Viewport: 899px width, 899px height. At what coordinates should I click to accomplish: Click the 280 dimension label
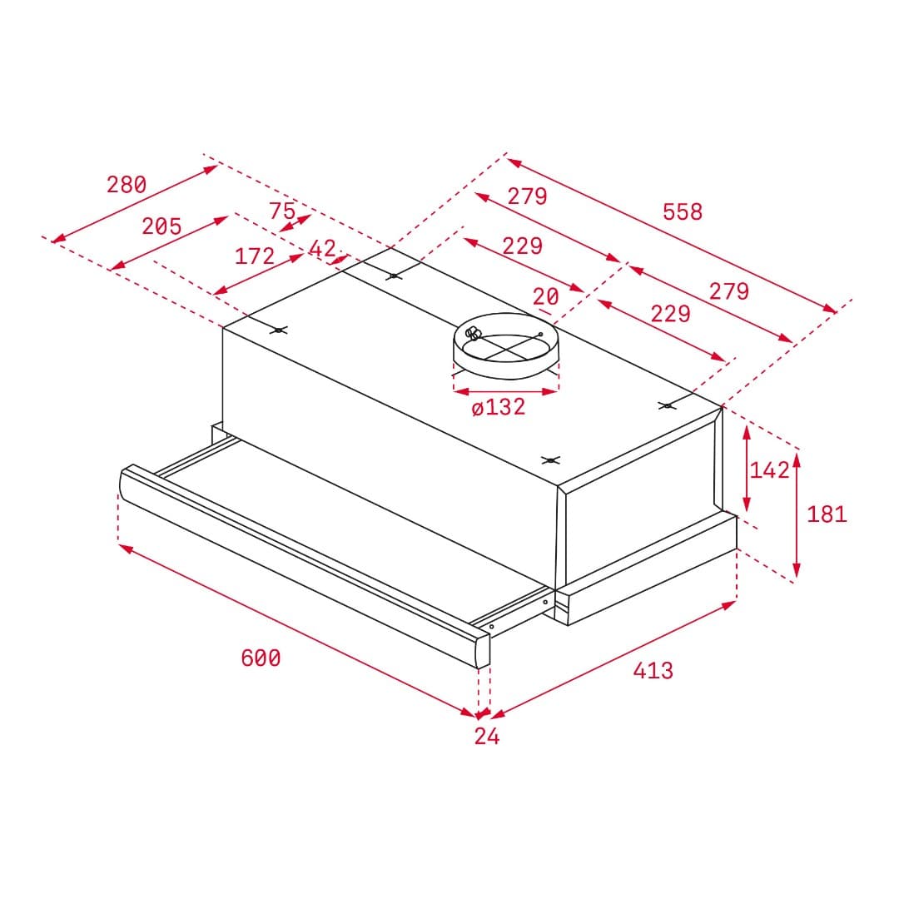pyautogui.click(x=127, y=184)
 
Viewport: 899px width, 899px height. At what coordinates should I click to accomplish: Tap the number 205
pyautogui.click(x=161, y=226)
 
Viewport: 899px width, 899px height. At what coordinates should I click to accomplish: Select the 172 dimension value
pyautogui.click(x=255, y=256)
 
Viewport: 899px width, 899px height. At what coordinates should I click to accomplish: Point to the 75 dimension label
pyautogui.click(x=282, y=211)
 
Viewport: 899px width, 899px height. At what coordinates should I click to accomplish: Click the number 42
pyautogui.click(x=322, y=248)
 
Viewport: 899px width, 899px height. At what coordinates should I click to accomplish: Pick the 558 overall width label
pyautogui.click(x=683, y=212)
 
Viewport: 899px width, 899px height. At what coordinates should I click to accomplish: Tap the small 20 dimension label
pyautogui.click(x=546, y=296)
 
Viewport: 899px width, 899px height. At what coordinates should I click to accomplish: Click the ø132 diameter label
pyautogui.click(x=499, y=407)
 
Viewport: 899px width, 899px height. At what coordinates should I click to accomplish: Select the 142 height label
pyautogui.click(x=769, y=470)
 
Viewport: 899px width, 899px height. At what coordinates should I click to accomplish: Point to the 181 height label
pyautogui.click(x=827, y=514)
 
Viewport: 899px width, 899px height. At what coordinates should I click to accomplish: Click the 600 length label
pyautogui.click(x=261, y=658)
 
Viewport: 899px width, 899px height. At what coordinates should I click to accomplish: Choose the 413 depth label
pyautogui.click(x=653, y=670)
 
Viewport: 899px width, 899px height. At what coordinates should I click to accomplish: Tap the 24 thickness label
pyautogui.click(x=487, y=736)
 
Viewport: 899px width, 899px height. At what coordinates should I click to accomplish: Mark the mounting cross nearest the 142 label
pyautogui.click(x=666, y=405)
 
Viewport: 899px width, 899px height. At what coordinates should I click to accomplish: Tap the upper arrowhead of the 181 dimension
pyautogui.click(x=797, y=456)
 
